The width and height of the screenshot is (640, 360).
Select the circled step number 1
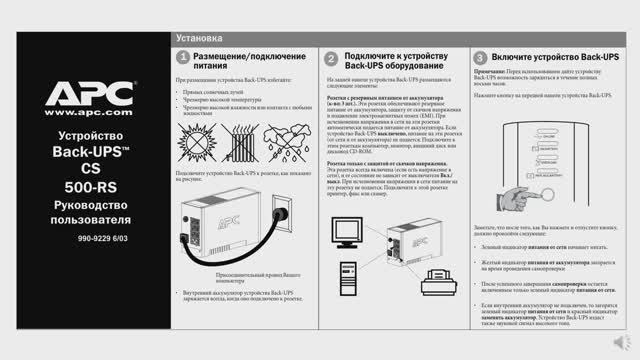183,58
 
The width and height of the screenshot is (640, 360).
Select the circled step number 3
481,58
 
